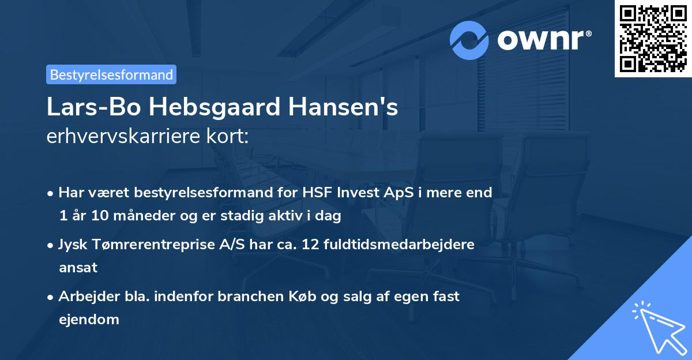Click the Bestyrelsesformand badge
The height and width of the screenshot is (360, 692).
111,74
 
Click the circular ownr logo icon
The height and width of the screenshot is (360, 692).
469,40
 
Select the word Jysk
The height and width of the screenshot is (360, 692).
72,245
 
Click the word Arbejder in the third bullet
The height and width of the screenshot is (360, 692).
84,297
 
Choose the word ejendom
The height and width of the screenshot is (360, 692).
89,320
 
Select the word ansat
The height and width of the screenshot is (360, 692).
78,268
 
